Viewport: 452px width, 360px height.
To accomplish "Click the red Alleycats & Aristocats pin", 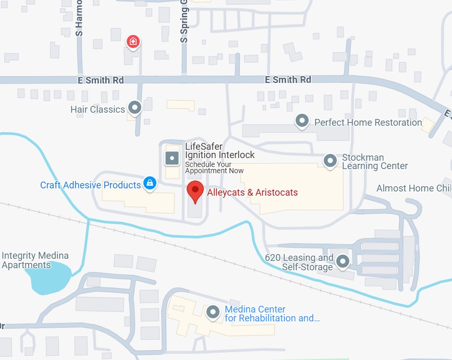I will (196, 191).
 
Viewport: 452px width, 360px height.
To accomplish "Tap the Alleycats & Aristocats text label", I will (252, 193).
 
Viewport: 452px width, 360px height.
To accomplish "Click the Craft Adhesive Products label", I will (91, 185).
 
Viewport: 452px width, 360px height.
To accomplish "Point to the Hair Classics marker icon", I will (135, 108).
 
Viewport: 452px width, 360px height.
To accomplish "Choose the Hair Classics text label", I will (97, 110).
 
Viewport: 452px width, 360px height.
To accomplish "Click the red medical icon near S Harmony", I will (133, 41).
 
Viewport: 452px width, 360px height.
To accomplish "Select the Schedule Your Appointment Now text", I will (214, 167).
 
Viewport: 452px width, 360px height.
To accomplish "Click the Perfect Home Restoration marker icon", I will (302, 122).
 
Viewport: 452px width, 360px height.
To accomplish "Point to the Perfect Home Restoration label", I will (368, 123).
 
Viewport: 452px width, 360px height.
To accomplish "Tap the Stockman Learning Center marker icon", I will (329, 161).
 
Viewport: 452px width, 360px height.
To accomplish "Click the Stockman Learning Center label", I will (374, 162).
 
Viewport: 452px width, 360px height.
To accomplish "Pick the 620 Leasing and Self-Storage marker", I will (343, 261).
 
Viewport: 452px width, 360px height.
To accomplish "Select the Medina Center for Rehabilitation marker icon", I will (213, 313).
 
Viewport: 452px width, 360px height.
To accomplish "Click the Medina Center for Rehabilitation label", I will (271, 314).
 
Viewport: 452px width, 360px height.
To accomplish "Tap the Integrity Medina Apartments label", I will (35, 260).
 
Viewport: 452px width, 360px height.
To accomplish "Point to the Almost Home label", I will (413, 188).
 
